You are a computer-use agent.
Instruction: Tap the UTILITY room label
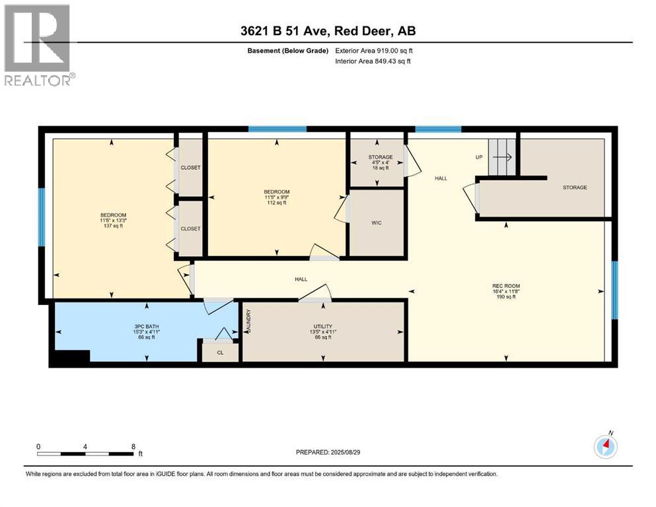tap(322, 327)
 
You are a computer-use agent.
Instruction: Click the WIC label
tap(375, 222)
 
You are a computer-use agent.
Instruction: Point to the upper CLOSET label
tap(190, 168)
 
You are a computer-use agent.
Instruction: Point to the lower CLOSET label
tap(190, 228)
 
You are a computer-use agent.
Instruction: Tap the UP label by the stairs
tap(479, 157)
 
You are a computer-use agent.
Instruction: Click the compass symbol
tap(605, 447)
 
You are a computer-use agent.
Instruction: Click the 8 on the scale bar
tap(133, 446)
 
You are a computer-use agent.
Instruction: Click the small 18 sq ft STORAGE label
tap(381, 162)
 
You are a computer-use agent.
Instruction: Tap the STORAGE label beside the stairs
tap(574, 187)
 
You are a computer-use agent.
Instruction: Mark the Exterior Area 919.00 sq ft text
tap(377, 51)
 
